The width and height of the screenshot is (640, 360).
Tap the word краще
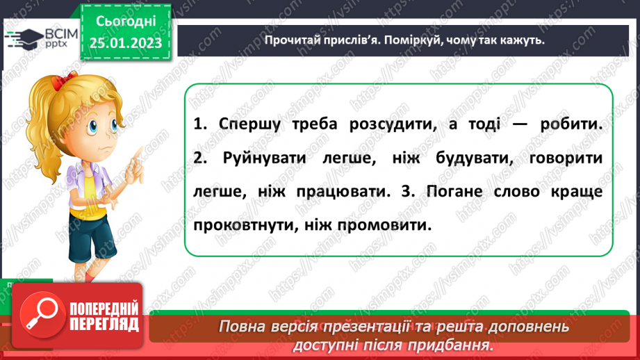point(574,191)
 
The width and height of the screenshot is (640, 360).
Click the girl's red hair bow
point(65,82)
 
